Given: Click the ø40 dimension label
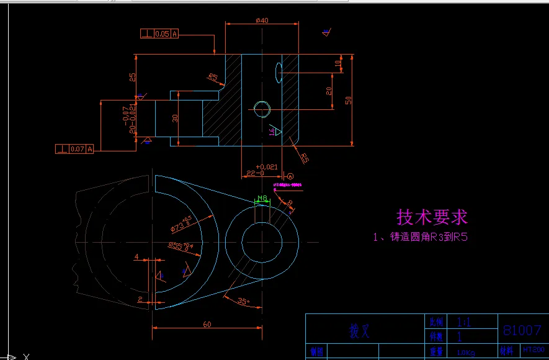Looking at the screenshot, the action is coord(262,20).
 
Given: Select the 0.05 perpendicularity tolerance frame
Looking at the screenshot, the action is coord(159,34).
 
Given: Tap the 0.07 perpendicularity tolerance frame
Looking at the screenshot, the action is coord(74,149).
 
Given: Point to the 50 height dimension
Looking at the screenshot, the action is coord(349,99).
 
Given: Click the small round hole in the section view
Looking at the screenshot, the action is coord(262,109).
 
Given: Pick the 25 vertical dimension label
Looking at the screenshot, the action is coord(132,77).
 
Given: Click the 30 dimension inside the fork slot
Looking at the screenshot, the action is coord(175,118).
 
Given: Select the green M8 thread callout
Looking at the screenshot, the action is coord(262,199).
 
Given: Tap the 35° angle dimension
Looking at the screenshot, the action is coord(244,302).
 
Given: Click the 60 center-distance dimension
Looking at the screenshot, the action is coord(207,324).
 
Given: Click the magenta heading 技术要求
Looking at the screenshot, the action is coord(432,217).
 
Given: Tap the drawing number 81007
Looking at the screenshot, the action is coord(522,330).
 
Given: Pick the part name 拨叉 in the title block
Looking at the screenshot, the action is coord(359,331).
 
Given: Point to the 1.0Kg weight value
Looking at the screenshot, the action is coord(465,353).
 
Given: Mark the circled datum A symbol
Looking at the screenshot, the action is coord(290,176).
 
